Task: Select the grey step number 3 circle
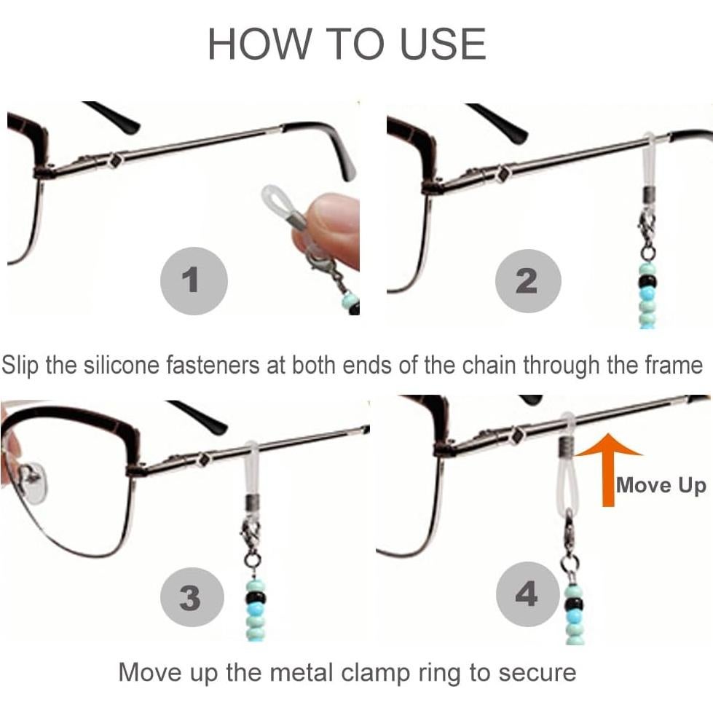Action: (x=190, y=598)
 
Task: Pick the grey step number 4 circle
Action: (x=527, y=595)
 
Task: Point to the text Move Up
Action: (x=661, y=485)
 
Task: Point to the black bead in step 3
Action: (x=256, y=599)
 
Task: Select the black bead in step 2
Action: (x=647, y=282)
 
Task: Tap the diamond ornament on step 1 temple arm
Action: (x=114, y=161)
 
